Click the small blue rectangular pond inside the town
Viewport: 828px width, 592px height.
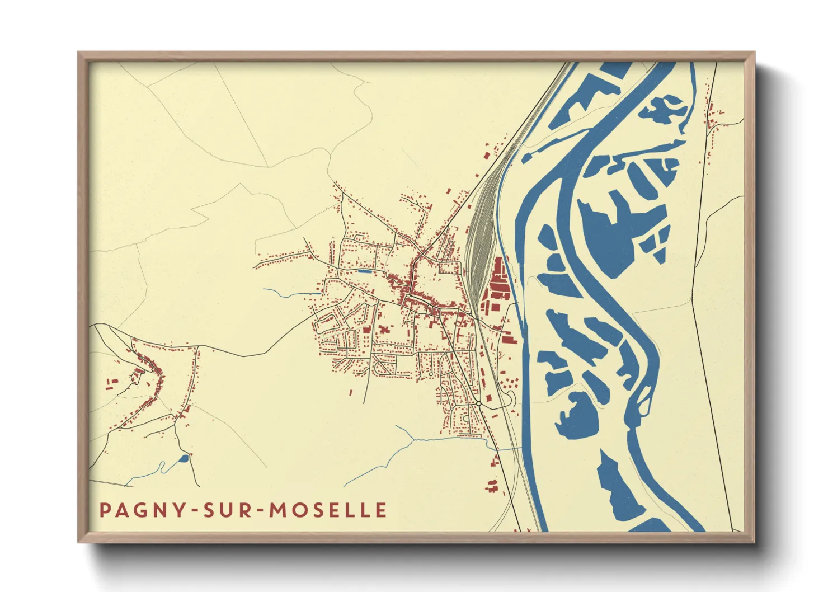pyautogui.click(x=364, y=271)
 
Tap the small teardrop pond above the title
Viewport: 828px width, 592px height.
pyautogui.click(x=183, y=459)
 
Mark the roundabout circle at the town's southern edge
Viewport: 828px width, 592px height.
pyautogui.click(x=479, y=403)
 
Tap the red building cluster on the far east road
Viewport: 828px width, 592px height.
pyautogui.click(x=712, y=118)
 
